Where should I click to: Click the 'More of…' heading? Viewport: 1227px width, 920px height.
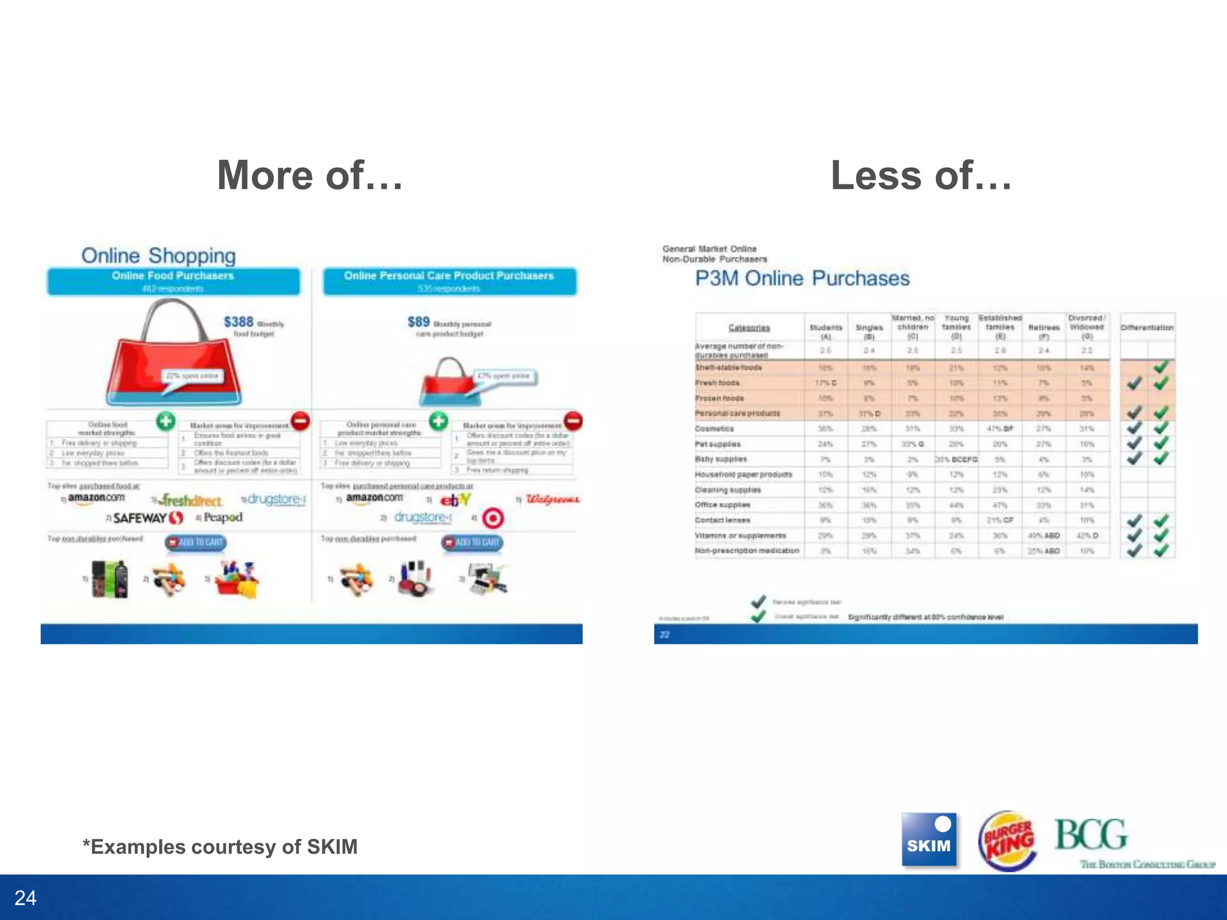[x=310, y=175]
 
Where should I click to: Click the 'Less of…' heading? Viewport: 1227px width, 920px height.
[x=921, y=175]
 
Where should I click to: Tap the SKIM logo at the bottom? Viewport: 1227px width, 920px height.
[x=929, y=839]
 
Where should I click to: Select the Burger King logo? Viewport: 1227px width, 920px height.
[x=1007, y=840]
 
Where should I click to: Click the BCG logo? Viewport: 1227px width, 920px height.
[x=1092, y=835]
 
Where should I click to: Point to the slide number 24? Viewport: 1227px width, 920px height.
[x=25, y=898]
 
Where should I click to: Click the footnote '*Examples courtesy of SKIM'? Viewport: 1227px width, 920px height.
[x=220, y=846]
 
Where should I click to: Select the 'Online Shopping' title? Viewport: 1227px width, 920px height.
[x=158, y=256]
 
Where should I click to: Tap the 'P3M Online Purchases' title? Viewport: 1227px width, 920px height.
[x=802, y=279]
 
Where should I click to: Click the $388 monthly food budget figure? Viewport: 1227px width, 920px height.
[x=238, y=322]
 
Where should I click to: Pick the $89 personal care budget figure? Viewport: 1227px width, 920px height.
[x=418, y=322]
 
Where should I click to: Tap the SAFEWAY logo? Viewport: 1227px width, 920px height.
[x=147, y=517]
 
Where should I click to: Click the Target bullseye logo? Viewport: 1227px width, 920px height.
[x=492, y=518]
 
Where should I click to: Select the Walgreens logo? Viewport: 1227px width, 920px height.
[x=552, y=500]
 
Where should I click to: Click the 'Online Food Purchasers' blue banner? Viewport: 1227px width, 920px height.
[x=173, y=281]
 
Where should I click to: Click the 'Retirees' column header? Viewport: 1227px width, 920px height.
[x=1043, y=328]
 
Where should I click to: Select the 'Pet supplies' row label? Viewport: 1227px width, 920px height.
[x=718, y=444]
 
